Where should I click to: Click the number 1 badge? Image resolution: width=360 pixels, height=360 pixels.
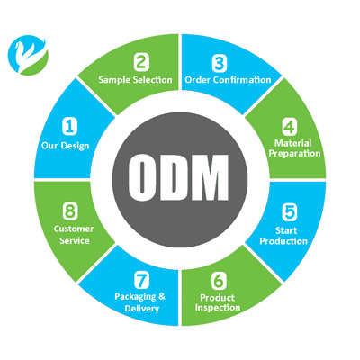69,126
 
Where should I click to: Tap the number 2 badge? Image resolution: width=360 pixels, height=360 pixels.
141,63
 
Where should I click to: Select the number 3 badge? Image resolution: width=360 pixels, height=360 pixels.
220,63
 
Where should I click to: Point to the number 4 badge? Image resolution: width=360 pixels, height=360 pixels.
290,127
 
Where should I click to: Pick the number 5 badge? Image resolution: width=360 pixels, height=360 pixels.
290,211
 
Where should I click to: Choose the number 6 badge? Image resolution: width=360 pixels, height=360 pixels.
219,280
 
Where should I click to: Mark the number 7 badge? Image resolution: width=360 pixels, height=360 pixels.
141,280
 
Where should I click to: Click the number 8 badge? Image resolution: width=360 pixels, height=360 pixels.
70,211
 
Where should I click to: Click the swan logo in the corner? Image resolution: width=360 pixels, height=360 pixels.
28,55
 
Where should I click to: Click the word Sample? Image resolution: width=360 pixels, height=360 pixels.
115,80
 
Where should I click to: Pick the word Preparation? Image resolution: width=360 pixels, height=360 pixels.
294,154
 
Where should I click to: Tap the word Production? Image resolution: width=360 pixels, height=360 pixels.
283,241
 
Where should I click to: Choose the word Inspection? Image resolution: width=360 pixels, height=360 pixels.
218,308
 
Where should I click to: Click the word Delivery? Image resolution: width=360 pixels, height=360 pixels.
142,309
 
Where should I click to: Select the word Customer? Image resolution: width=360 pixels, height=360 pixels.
74,229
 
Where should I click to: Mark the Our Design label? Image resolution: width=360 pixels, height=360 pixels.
66,146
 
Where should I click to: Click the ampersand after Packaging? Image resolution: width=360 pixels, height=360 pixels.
162,296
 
